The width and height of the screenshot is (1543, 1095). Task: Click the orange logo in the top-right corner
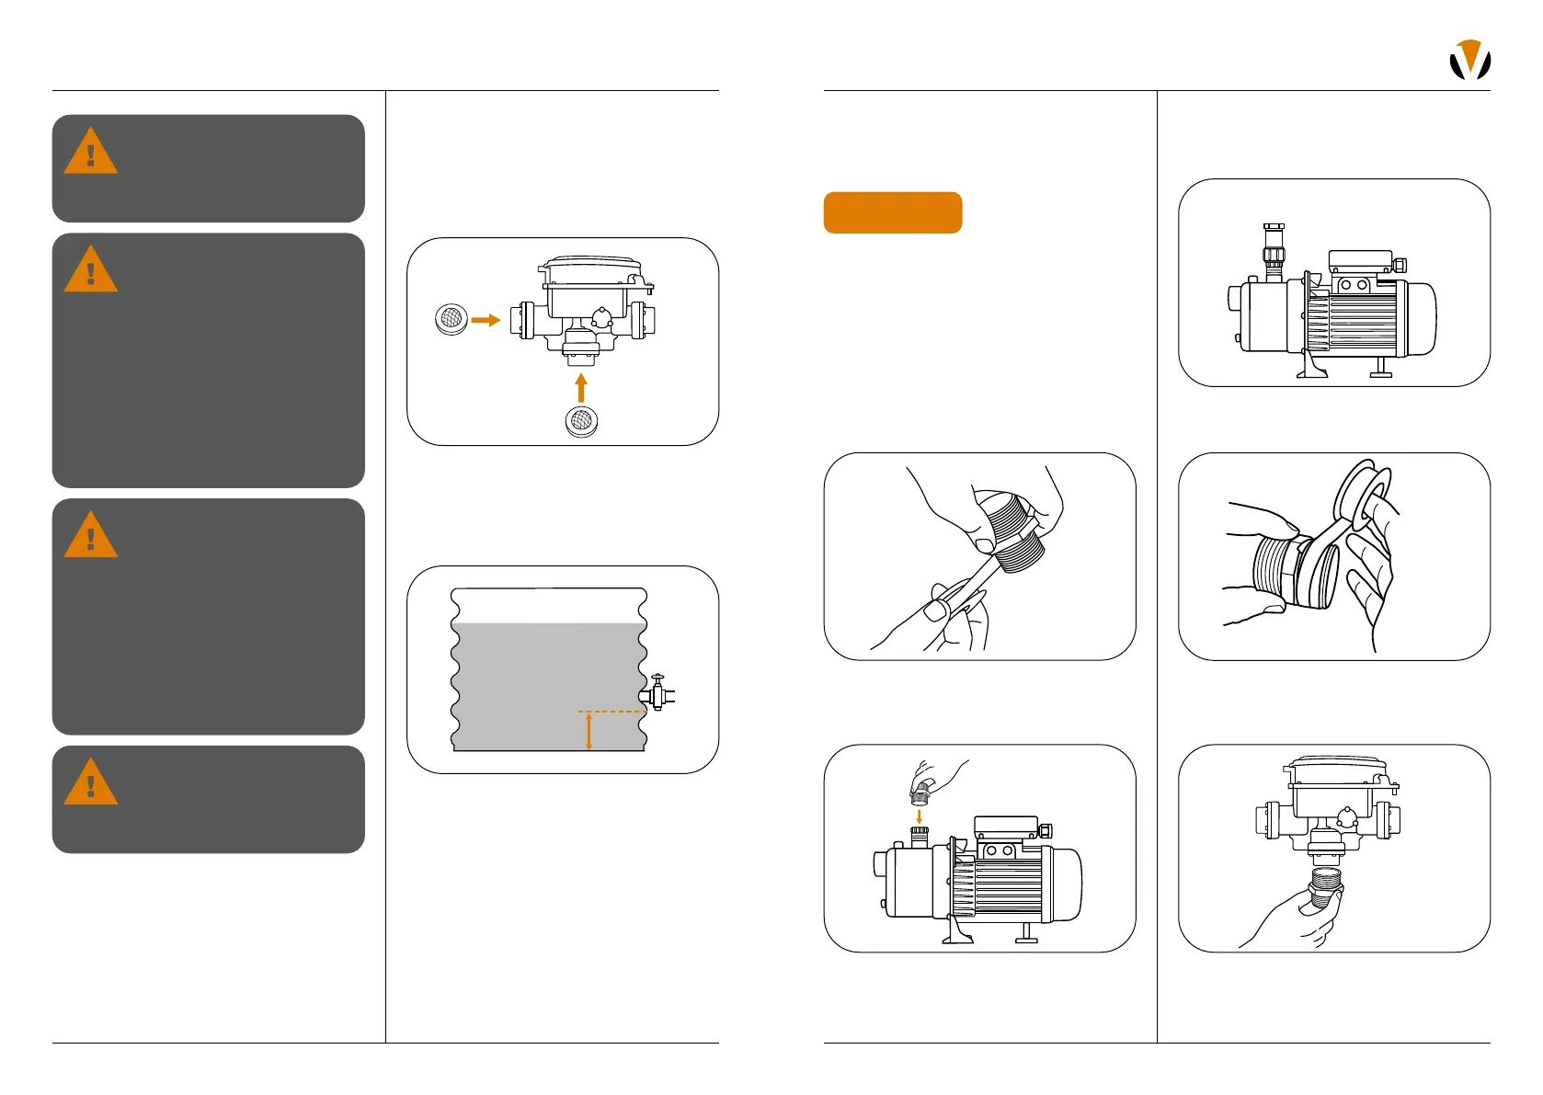(1469, 60)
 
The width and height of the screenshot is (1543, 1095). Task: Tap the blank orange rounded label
(892, 212)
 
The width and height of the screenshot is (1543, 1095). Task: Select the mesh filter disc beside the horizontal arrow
(451, 319)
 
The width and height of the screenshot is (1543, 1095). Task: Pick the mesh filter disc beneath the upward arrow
(581, 421)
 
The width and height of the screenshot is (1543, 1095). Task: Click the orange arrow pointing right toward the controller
(486, 320)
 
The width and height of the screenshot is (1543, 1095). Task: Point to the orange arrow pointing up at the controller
(580, 387)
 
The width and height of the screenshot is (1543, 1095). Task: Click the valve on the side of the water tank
(657, 693)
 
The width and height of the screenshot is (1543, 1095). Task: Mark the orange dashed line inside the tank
(611, 711)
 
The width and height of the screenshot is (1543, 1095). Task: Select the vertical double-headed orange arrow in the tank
(589, 732)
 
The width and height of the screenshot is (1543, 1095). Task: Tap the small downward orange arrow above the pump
(919, 816)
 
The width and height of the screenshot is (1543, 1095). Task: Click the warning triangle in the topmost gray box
(90, 153)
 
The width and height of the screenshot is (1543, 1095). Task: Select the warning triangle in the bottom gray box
(90, 783)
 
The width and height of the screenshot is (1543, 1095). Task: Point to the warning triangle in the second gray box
(90, 270)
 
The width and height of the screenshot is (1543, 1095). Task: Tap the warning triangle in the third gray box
(90, 536)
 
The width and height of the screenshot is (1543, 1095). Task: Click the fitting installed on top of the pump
(1274, 251)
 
